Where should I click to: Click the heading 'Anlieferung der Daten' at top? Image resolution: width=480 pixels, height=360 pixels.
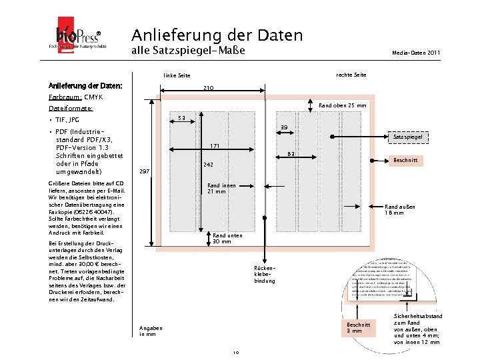tap(217, 35)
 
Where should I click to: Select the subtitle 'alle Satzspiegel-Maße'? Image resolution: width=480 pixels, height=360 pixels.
tap(188, 51)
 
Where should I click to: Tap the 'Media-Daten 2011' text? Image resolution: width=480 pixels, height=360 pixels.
tap(416, 52)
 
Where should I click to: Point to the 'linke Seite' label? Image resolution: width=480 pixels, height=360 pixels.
tap(177, 76)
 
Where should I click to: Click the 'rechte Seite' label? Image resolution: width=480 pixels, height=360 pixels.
tap(351, 74)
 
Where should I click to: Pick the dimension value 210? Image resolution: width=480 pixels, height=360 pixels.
tap(209, 88)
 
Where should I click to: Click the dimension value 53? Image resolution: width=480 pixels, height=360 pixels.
tap(181, 119)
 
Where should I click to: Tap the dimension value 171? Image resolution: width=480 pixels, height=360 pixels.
tap(215, 145)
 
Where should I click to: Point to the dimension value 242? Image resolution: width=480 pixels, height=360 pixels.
tap(209, 164)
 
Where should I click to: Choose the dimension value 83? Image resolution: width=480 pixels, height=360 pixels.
tap(291, 155)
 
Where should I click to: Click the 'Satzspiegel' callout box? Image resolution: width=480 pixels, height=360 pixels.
tap(407, 136)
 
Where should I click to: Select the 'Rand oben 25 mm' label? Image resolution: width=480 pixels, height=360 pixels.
tap(343, 105)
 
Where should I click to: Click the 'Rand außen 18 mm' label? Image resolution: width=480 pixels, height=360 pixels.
tap(400, 210)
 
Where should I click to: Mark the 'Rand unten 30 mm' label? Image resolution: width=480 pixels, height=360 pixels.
tap(222, 239)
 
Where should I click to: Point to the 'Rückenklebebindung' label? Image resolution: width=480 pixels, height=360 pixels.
tap(264, 275)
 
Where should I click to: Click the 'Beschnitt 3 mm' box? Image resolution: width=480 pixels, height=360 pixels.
tap(354, 327)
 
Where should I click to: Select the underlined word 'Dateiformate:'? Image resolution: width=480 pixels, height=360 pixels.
tap(71, 107)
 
